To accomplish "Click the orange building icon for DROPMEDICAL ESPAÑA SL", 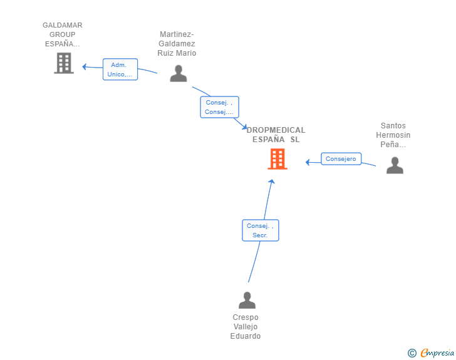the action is pyautogui.click(x=277, y=159).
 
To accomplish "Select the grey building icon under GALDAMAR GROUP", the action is pyautogui.click(x=64, y=63).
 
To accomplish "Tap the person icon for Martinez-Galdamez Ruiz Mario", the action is pyautogui.click(x=179, y=73).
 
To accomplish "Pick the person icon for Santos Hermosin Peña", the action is pyautogui.click(x=395, y=165).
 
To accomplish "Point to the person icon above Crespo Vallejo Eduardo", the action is pyautogui.click(x=247, y=300).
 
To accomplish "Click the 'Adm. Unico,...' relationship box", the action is pyautogui.click(x=120, y=69).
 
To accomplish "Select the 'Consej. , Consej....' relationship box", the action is pyautogui.click(x=220, y=107).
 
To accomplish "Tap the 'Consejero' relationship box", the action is pyautogui.click(x=341, y=159).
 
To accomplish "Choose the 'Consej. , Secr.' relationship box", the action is pyautogui.click(x=261, y=230).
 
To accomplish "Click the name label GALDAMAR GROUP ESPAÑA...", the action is pyautogui.click(x=63, y=34).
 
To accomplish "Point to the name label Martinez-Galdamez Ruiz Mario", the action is pyautogui.click(x=177, y=44).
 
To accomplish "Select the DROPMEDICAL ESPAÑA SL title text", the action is pyautogui.click(x=276, y=135).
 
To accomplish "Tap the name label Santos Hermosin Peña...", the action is pyautogui.click(x=393, y=135).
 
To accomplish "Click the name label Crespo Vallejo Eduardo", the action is pyautogui.click(x=246, y=327).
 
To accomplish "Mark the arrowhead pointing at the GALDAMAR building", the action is pyautogui.click(x=85, y=67).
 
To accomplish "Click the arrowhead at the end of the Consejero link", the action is pyautogui.click(x=308, y=162).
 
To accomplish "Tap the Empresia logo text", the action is pyautogui.click(x=437, y=352).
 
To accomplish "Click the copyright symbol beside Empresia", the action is pyautogui.click(x=412, y=353).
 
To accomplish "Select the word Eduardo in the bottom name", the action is pyautogui.click(x=246, y=336).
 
